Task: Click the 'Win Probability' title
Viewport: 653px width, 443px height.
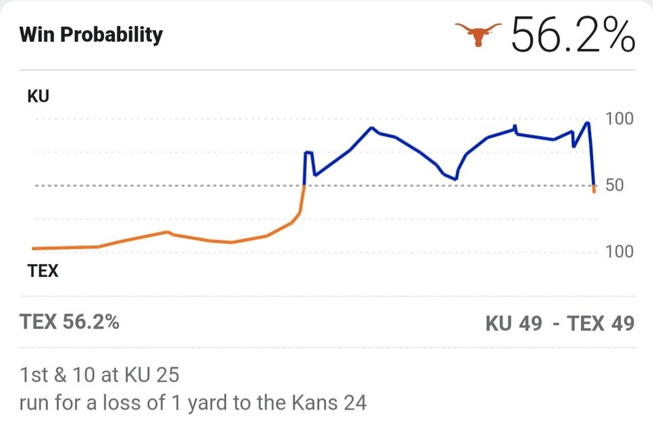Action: click(91, 34)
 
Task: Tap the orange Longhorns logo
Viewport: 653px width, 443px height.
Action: click(479, 33)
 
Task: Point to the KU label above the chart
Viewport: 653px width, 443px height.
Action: click(38, 96)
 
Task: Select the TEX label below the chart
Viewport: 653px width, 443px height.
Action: click(42, 270)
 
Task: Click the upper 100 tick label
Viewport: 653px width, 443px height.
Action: click(620, 119)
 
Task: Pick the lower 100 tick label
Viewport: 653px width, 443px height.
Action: click(620, 252)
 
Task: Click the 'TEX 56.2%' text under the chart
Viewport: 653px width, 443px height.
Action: click(69, 322)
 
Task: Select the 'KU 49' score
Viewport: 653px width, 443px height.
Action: click(514, 323)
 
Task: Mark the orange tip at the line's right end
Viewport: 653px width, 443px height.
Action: click(594, 189)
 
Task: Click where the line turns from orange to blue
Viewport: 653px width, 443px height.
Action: click(305, 186)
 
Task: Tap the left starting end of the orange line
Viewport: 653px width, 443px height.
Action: click(33, 248)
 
